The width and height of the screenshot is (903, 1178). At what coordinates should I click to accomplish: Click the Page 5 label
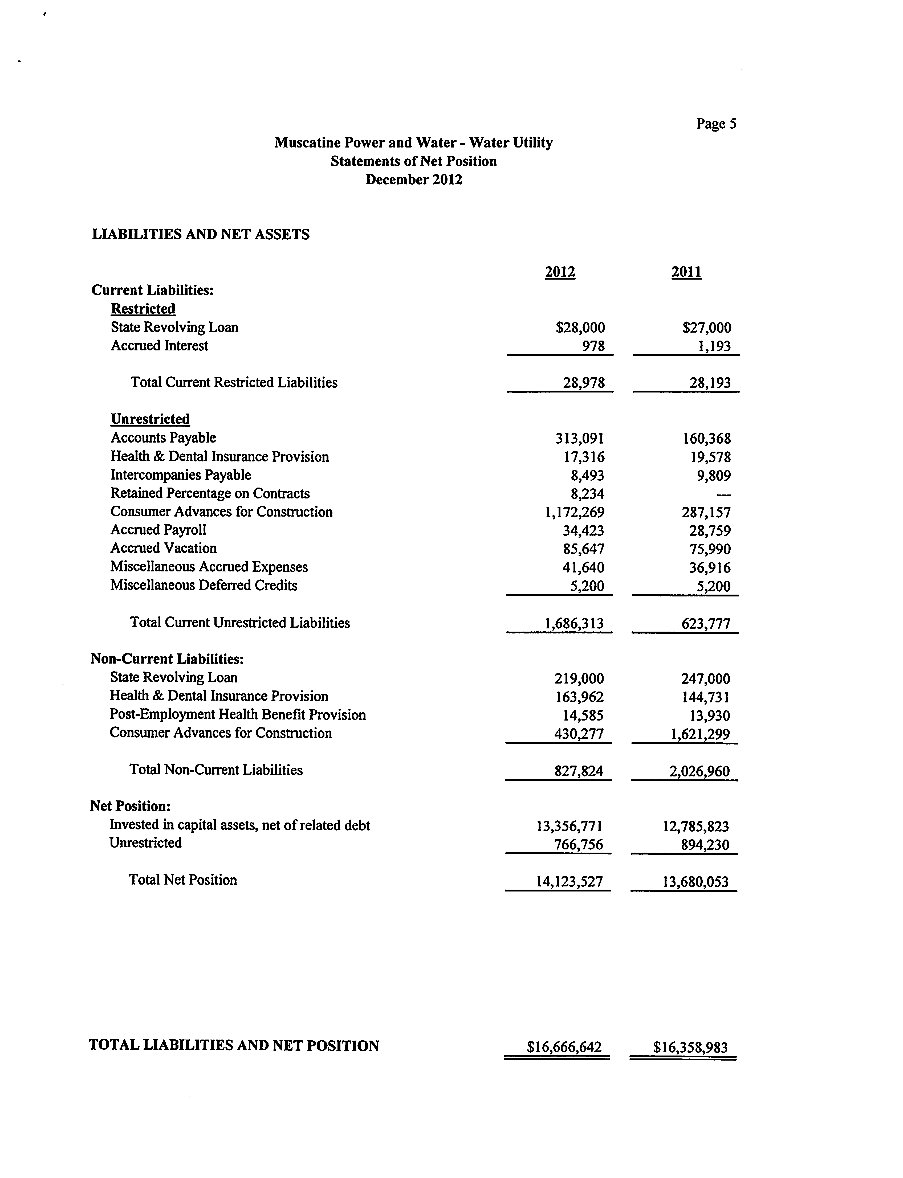(716, 124)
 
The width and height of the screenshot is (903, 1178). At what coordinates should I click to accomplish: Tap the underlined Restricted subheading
(143, 309)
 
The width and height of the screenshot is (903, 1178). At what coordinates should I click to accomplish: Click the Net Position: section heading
(131, 806)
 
